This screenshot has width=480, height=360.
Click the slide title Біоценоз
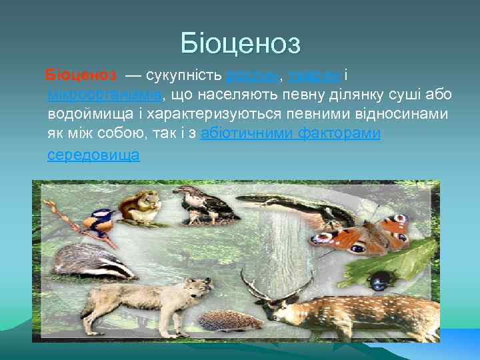[x=240, y=44]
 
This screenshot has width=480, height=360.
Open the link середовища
[x=93, y=155]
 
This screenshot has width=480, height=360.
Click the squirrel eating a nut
[x=143, y=206]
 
